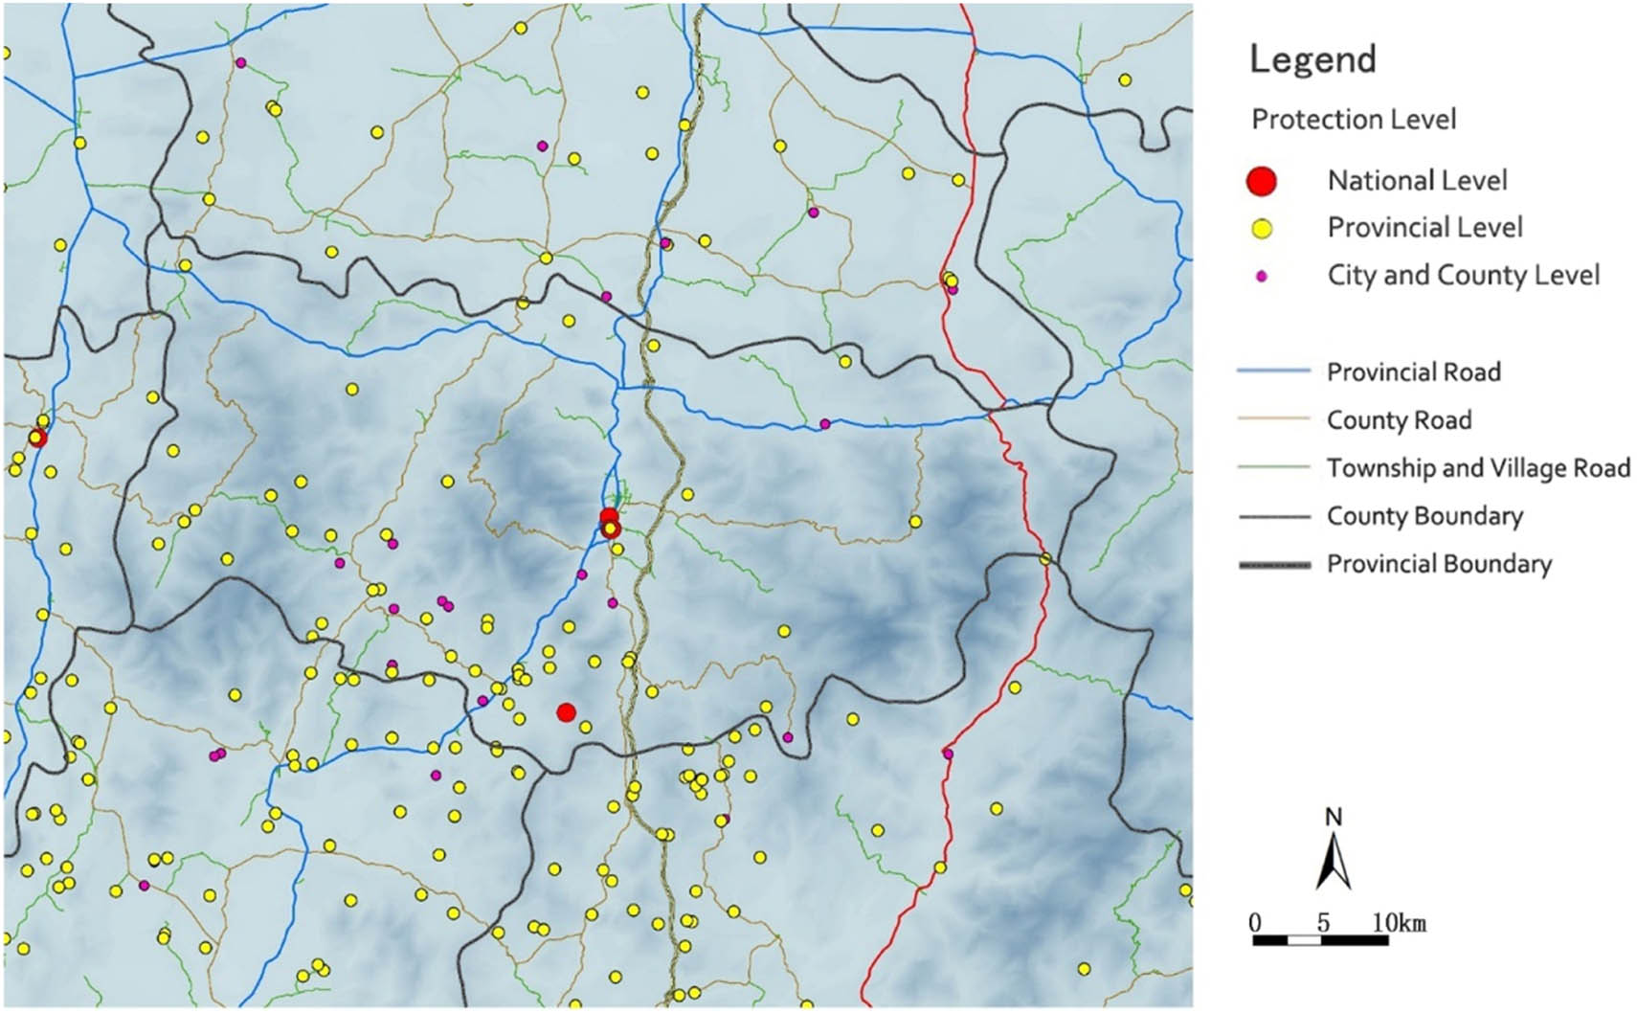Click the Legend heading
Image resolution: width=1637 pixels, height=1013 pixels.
pos(1312,59)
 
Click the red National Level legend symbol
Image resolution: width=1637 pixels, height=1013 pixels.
pos(1262,181)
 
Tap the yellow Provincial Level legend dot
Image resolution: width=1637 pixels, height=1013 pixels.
pos(1262,229)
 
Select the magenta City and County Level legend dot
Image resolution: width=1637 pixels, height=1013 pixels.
pos(1262,276)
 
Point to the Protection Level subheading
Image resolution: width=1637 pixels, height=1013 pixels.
pos(1354,120)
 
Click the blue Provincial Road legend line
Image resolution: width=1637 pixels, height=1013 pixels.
pos(1273,371)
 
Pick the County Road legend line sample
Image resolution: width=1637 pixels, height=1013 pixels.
pos(1273,418)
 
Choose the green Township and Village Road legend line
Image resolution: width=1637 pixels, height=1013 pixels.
pos(1273,467)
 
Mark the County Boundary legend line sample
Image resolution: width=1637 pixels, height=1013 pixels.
pos(1273,516)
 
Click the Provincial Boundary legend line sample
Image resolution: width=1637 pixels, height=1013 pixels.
pos(1273,565)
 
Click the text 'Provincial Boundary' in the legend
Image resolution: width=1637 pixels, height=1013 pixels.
pos(1439,564)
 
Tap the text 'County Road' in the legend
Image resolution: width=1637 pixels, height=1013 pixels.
pos(1399,419)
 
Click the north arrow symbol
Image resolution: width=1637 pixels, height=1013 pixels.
pos(1333,861)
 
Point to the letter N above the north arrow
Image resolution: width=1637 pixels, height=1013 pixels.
pos(1334,817)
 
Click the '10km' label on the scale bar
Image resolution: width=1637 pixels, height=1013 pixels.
pos(1399,923)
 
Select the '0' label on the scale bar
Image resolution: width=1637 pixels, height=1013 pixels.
pos(1255,923)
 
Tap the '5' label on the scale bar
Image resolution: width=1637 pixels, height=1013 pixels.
pos(1323,923)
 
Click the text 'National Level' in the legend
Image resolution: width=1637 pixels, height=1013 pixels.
pos(1417,180)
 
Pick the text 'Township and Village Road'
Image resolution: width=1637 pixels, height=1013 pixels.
pos(1478,467)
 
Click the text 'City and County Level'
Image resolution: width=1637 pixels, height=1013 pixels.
pos(1463,275)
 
